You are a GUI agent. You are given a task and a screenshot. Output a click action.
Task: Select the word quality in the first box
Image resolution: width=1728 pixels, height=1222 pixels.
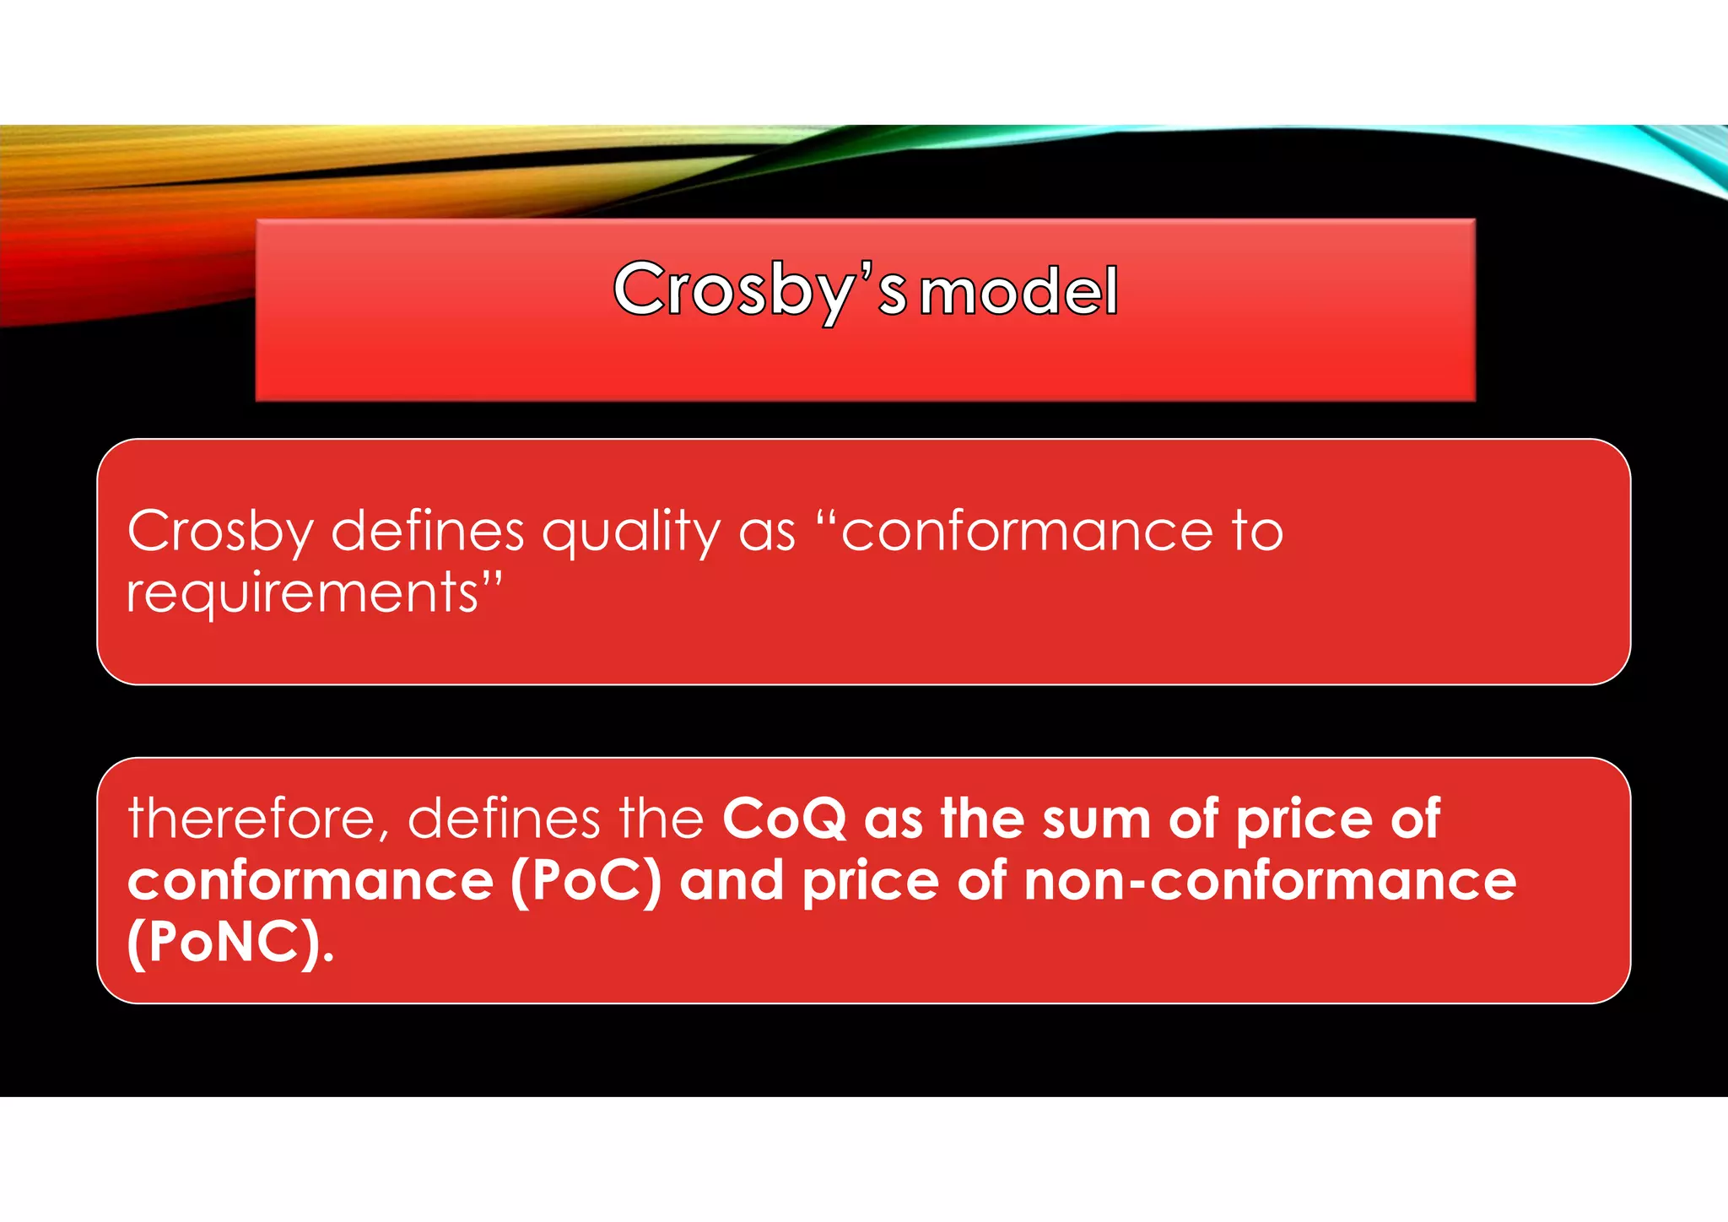[631, 533]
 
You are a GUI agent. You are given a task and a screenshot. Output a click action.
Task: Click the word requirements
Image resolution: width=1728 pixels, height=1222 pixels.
[303, 593]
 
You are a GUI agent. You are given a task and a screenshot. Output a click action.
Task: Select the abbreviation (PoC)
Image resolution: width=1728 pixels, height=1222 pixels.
[586, 881]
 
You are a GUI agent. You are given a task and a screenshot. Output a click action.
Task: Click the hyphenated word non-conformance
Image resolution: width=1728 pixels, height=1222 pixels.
[1270, 881]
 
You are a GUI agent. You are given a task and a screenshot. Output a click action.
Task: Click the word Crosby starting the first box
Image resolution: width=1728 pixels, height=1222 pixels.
[220, 533]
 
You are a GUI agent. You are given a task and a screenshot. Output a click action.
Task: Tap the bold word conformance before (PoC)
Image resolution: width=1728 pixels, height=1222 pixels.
[310, 881]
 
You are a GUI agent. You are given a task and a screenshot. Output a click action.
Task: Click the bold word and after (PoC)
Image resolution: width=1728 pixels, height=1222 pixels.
[732, 881]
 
